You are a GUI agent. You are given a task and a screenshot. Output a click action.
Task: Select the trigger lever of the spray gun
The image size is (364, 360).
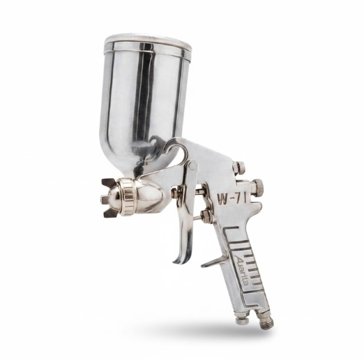coord(185,223)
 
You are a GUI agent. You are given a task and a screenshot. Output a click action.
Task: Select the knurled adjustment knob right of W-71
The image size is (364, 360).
coord(257,186)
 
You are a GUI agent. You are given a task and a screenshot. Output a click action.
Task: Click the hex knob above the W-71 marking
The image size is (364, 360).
coord(239,167)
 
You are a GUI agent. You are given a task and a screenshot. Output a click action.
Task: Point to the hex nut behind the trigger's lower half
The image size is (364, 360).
coord(206,217)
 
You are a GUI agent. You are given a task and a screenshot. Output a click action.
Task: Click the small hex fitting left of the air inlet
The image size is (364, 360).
coord(241,320)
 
